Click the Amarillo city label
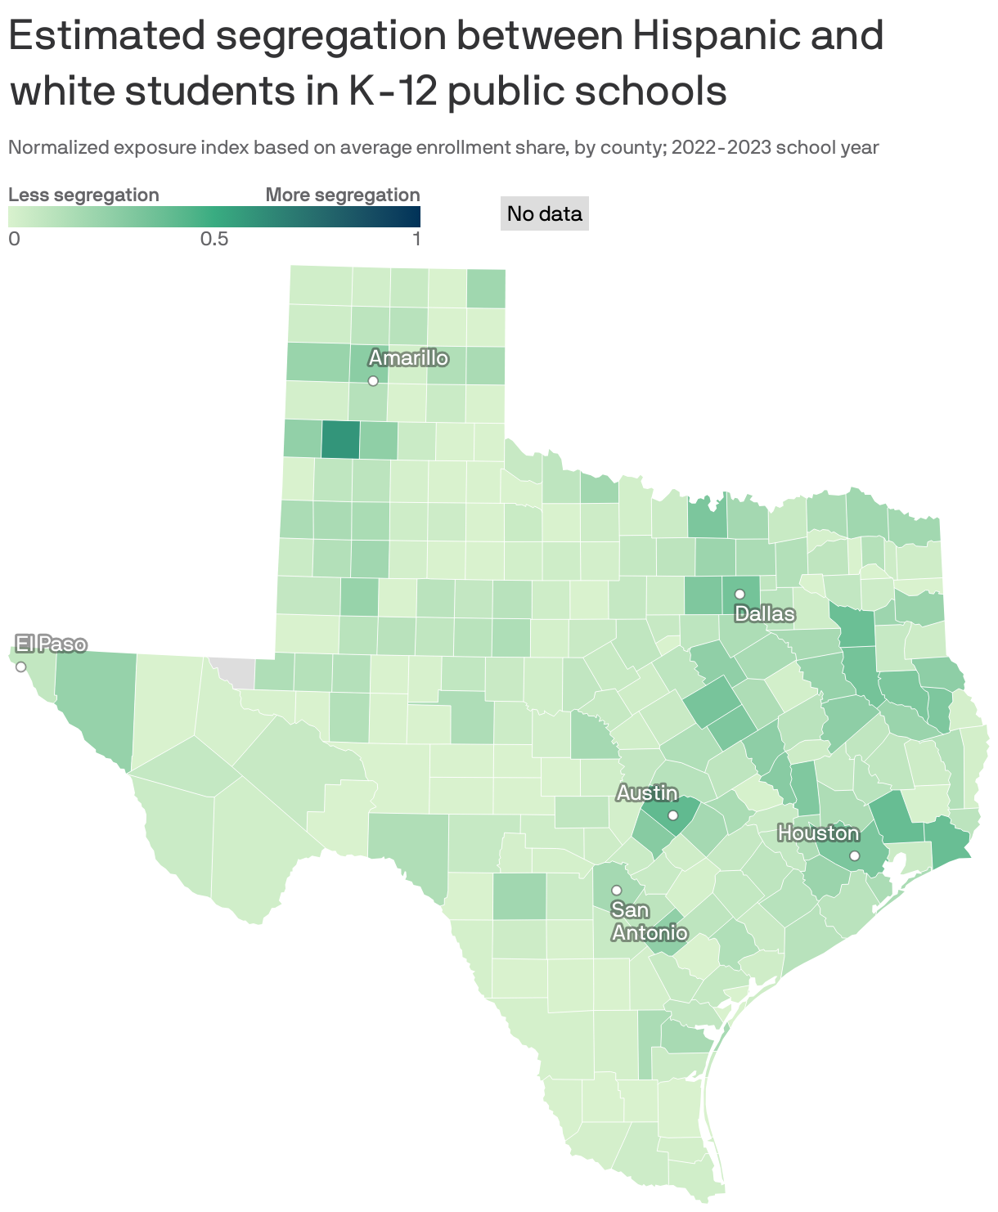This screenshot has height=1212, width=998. click(408, 357)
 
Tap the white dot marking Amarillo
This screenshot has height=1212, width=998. click(373, 380)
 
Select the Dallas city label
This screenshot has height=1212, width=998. click(765, 613)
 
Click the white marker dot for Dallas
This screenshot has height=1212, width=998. click(740, 594)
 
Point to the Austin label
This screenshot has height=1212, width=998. click(646, 792)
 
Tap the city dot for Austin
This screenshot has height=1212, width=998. click(672, 815)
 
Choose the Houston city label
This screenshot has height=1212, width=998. click(818, 833)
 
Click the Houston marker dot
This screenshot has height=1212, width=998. click(854, 855)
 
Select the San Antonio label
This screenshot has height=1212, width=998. click(650, 921)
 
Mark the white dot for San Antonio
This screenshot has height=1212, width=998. click(617, 890)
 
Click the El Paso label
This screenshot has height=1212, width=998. click(51, 644)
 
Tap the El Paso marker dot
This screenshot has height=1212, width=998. click(21, 667)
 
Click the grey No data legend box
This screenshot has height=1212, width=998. click(544, 213)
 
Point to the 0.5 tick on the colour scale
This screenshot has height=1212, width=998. click(214, 239)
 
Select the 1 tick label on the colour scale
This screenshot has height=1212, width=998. click(416, 239)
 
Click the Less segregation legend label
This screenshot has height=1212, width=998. click(83, 195)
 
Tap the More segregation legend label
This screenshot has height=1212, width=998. click(343, 195)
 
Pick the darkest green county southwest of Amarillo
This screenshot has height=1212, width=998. click(340, 439)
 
